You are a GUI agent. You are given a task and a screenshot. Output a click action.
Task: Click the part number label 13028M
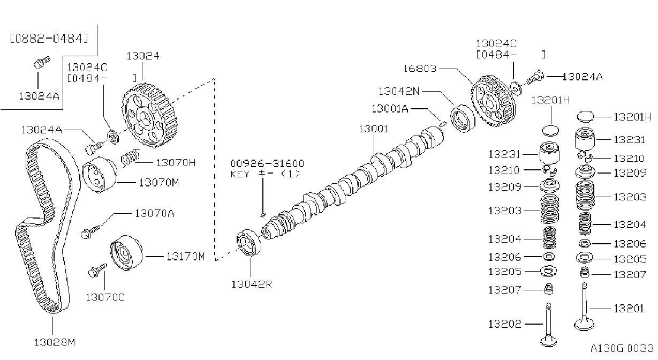coord(55,342)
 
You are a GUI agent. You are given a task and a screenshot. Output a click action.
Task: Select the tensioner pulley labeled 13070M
coord(99,175)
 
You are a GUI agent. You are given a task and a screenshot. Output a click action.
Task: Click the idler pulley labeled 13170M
coord(126,253)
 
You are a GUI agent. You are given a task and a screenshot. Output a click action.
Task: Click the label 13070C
coord(105,297)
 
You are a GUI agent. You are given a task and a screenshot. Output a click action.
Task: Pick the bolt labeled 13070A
coord(90,231)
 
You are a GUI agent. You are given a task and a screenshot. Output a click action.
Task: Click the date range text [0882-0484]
coord(49,38)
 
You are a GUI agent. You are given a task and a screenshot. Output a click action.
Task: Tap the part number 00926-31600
coord(267,163)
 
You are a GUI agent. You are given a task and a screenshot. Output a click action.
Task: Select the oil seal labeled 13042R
coord(249,243)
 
